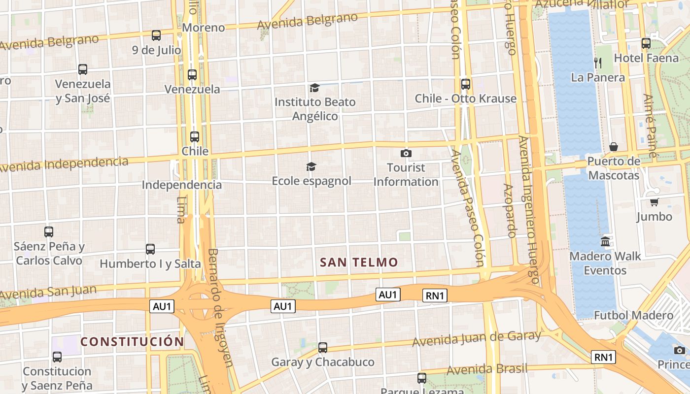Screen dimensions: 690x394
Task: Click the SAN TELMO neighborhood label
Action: click(359, 262)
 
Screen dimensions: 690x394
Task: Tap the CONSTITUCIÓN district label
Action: click(132, 341)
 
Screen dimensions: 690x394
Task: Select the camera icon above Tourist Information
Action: click(406, 153)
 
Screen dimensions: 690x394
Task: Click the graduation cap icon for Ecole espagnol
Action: click(311, 166)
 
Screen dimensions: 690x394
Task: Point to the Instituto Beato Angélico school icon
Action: click(314, 88)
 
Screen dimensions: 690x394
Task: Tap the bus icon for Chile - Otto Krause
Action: click(465, 84)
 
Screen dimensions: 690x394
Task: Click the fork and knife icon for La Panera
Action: click(598, 63)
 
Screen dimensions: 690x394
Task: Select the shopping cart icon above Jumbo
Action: click(654, 202)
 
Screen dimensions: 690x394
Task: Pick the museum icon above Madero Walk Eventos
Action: click(605, 242)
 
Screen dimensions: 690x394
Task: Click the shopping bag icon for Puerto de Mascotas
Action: click(614, 147)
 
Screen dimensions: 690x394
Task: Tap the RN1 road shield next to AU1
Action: click(435, 295)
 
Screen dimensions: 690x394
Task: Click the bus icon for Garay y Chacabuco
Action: click(323, 348)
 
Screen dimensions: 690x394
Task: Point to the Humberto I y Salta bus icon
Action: click(150, 249)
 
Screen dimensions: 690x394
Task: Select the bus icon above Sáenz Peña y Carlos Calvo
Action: click(49, 231)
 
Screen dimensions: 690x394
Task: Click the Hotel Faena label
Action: click(646, 58)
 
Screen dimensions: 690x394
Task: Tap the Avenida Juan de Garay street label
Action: click(477, 338)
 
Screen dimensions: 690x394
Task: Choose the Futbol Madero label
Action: click(633, 315)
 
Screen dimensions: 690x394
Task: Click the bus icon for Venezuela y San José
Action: click(83, 69)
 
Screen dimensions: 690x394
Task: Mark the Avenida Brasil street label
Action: click(486, 369)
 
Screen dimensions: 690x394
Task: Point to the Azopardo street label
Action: click(509, 210)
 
